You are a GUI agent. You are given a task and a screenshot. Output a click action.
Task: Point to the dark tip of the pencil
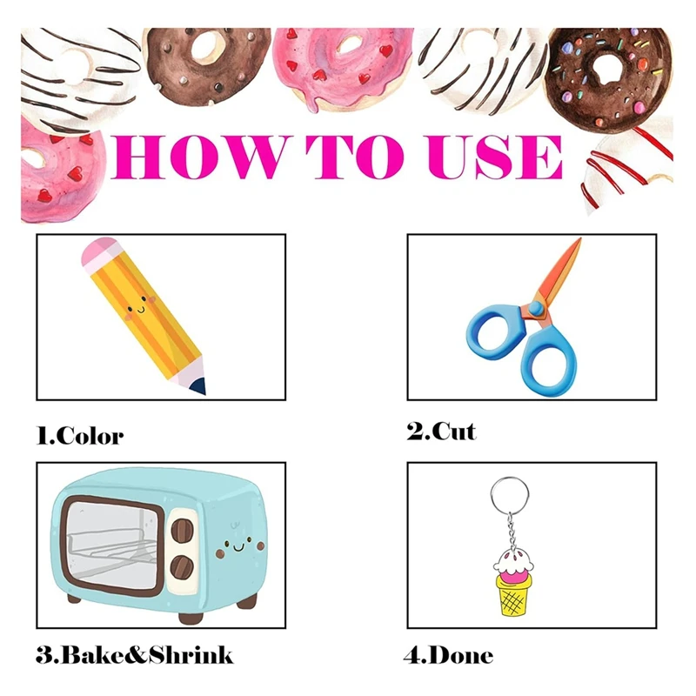(201, 385)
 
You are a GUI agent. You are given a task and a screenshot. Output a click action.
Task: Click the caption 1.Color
(80, 435)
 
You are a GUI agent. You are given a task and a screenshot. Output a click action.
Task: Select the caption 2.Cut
(441, 431)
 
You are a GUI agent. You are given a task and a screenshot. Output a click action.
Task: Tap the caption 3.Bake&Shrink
(135, 654)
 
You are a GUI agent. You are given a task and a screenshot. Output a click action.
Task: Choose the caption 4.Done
(450, 654)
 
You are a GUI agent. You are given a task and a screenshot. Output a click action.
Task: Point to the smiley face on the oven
(236, 547)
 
